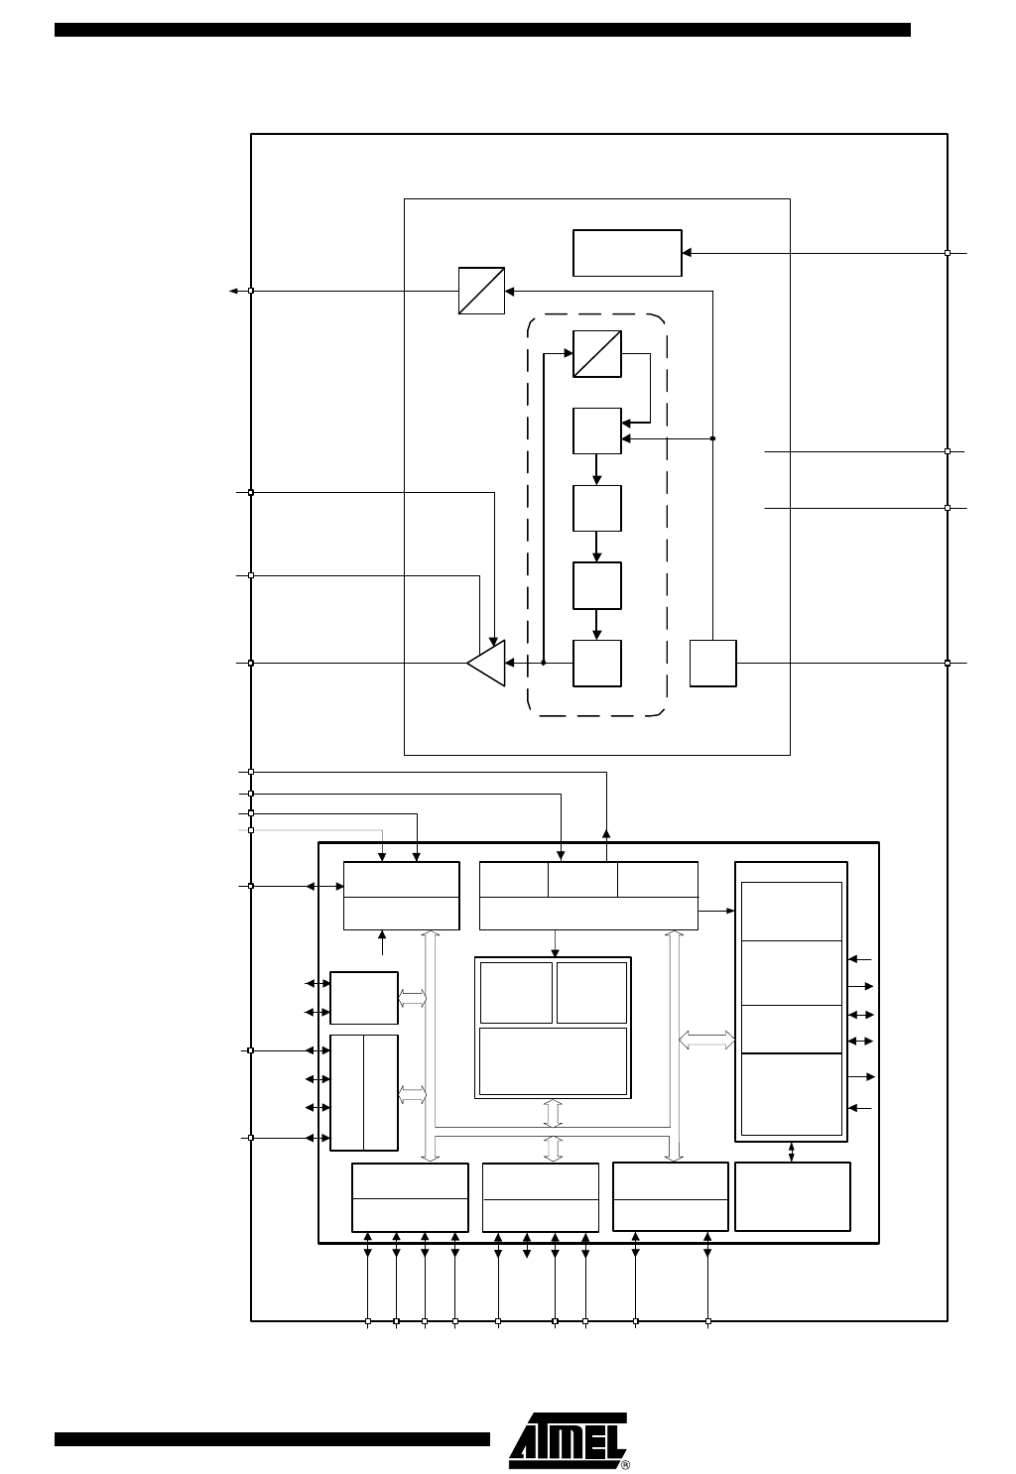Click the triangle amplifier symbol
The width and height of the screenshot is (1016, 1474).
tap(487, 663)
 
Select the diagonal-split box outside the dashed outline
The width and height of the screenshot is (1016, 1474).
tap(481, 291)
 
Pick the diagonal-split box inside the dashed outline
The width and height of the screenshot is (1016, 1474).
tap(597, 354)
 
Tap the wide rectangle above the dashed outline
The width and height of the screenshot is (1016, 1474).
tap(627, 253)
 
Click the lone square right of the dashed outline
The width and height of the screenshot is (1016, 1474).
tap(712, 664)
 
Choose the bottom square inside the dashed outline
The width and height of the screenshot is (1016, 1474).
tap(597, 664)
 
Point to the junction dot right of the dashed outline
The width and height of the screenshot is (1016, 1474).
tap(712, 438)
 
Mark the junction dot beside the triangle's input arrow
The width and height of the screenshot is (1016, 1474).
tap(544, 663)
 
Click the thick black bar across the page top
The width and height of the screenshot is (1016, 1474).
tap(482, 30)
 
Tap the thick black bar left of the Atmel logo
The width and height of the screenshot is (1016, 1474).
tap(272, 1439)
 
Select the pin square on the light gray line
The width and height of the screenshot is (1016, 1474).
tap(251, 830)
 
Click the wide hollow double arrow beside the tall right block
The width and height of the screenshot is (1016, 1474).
tap(706, 1040)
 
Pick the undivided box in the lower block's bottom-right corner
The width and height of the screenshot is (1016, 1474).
tap(793, 1196)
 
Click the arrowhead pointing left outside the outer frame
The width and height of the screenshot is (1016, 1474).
tap(233, 291)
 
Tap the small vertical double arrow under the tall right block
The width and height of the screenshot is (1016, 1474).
tap(791, 1153)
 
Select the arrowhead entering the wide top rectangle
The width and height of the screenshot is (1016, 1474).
tap(687, 253)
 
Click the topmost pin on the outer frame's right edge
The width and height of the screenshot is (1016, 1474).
tap(948, 253)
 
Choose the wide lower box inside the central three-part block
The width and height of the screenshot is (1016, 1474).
tap(553, 1060)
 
